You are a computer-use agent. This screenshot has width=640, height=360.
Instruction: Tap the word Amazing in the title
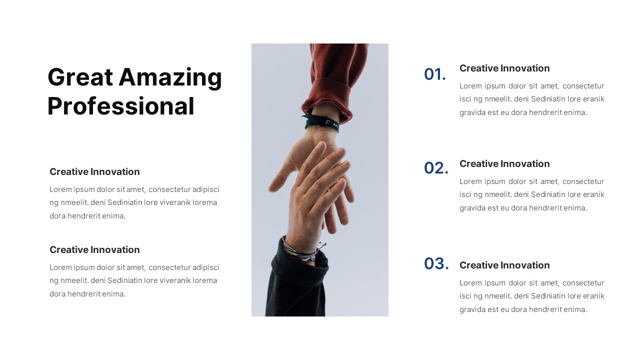click(x=170, y=77)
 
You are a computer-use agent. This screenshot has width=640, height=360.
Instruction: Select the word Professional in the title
click(x=120, y=106)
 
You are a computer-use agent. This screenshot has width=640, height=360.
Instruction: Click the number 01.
click(x=434, y=74)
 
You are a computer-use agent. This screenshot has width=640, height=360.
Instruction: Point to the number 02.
click(x=436, y=168)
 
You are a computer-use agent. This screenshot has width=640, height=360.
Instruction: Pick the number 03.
click(x=436, y=263)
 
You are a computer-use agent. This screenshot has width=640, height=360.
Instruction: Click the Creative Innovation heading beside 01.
click(x=504, y=68)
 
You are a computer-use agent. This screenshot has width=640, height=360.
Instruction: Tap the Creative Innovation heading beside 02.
click(x=504, y=164)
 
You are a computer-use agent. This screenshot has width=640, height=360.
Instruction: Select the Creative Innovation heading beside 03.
click(x=504, y=265)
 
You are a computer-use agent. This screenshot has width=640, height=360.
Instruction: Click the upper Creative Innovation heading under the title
click(x=94, y=172)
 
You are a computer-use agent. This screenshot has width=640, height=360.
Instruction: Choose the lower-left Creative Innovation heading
click(x=94, y=250)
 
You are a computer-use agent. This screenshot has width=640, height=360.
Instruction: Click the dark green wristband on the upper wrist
click(x=321, y=123)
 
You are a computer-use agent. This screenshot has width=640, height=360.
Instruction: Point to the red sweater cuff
click(x=327, y=97)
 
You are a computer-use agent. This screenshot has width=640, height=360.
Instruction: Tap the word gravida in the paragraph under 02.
click(x=472, y=208)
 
